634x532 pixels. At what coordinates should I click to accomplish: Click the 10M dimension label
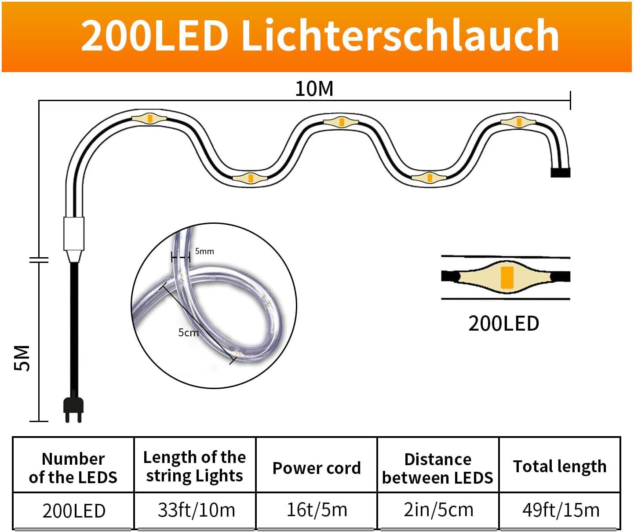[314, 89]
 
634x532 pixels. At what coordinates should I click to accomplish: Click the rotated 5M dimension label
[22, 358]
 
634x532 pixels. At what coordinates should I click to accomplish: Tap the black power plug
[73, 410]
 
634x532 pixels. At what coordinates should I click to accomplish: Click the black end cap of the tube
[561, 172]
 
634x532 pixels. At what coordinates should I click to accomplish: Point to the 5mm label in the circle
[204, 251]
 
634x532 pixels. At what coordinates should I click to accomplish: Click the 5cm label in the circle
[188, 333]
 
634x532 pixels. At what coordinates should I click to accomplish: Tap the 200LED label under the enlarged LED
[504, 324]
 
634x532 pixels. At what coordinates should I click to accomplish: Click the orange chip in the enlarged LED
[507, 277]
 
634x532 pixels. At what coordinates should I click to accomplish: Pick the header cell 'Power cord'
[317, 468]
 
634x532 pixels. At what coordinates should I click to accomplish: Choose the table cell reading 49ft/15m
[561, 510]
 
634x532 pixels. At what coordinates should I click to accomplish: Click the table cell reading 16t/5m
[317, 510]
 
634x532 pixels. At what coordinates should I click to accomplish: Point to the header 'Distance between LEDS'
[437, 468]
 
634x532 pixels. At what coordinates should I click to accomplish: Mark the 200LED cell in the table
[74, 511]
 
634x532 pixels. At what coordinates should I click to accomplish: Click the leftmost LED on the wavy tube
[149, 118]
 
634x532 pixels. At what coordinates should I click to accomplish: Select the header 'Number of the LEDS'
[73, 468]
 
